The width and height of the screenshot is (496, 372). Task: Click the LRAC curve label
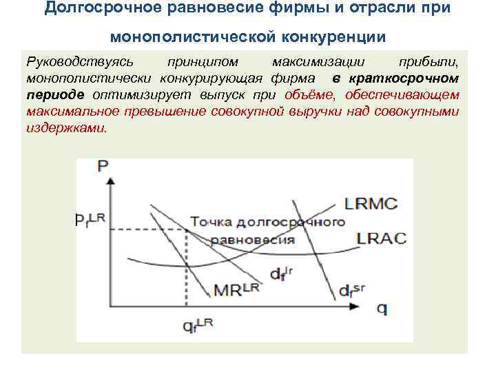[x=381, y=238]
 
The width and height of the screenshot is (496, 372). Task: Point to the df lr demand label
[x=281, y=273]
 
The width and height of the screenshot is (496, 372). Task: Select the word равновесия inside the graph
[x=253, y=240]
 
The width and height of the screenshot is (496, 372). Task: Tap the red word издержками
[x=65, y=127]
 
